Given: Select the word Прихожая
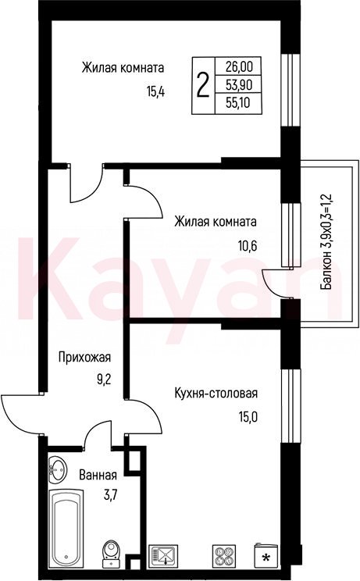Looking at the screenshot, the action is click(84, 358).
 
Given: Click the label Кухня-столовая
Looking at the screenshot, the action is click(216, 393).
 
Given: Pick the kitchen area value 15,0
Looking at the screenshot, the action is click(248, 418).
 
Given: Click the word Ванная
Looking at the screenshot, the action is click(98, 475).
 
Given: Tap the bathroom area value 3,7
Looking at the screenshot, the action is click(110, 495).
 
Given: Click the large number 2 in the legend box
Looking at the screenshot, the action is click(202, 85).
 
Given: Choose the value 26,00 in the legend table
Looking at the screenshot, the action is click(238, 67).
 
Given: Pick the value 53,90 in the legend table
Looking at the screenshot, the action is click(238, 85).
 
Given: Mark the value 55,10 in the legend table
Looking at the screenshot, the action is click(238, 103).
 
